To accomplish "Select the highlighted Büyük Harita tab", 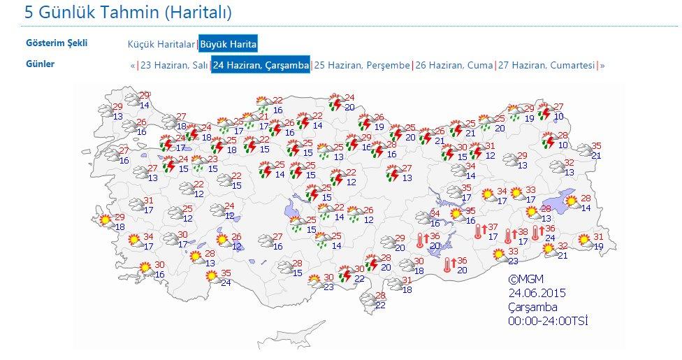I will (x=228, y=44).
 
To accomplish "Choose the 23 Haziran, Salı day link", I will (x=174, y=65).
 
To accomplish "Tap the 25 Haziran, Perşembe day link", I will (x=362, y=65).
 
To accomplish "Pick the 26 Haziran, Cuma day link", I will (x=454, y=65).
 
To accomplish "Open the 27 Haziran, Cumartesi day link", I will (x=546, y=65).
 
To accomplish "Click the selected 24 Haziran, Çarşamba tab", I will (x=261, y=65).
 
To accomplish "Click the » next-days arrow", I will (x=602, y=65).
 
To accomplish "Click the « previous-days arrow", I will (x=132, y=65).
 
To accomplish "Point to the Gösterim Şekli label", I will (x=57, y=43).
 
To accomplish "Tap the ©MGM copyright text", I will (x=526, y=280).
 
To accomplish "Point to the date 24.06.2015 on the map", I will (x=536, y=294).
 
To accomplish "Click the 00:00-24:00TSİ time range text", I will (x=548, y=321).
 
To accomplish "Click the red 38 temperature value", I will (x=523, y=232).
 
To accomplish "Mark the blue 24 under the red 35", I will (x=226, y=282).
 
